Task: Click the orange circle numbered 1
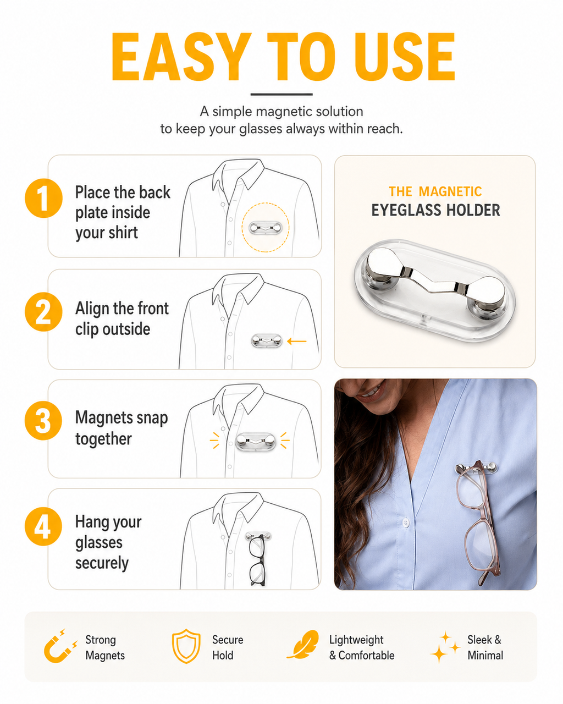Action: coord(43,198)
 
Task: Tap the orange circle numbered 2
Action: coord(43,311)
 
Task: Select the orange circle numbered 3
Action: coord(43,420)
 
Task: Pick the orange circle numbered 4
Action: coord(43,526)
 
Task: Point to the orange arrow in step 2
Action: coord(297,341)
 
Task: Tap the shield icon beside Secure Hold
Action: coord(186,646)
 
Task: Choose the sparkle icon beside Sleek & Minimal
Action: coord(445,647)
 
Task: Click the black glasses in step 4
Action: coord(257,559)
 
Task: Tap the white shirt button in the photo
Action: coord(406,522)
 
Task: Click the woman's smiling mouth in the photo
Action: coord(371,393)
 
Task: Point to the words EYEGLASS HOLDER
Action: coord(435,210)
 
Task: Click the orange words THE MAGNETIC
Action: coord(435,191)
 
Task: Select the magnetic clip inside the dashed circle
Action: coord(265,228)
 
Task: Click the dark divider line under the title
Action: coord(281,94)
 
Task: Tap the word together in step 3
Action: coord(103,438)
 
